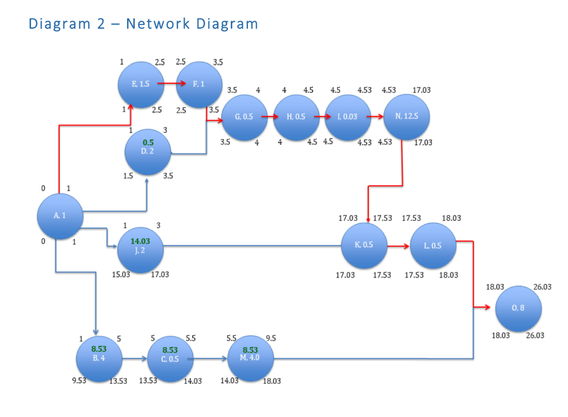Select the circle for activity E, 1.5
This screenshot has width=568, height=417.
(141, 85)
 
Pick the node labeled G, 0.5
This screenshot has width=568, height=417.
(244, 117)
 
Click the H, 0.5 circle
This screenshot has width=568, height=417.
(296, 117)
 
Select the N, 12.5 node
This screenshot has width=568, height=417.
(407, 117)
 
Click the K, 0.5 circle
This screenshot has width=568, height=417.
(364, 246)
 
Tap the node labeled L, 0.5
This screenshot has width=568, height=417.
(433, 246)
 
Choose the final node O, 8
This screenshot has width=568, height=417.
(518, 308)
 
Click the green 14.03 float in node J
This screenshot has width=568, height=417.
(140, 241)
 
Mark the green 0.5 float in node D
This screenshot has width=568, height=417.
(148, 142)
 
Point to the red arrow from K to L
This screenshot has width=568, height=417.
(398, 245)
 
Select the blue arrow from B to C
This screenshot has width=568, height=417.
(135, 359)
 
